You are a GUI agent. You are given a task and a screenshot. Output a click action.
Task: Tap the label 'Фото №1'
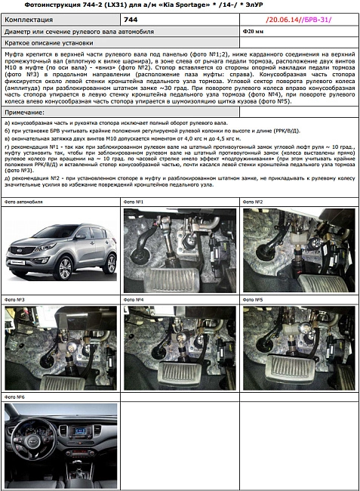coord(133,202)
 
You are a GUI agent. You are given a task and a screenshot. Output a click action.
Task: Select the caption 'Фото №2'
coord(253,202)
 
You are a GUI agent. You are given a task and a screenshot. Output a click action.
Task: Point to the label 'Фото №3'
coord(15,300)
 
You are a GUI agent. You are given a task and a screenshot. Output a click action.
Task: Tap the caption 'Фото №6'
coord(15,397)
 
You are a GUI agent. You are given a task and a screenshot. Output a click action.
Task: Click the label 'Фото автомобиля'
coord(23,202)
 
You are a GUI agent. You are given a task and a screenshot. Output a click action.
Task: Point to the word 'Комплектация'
coord(31,18)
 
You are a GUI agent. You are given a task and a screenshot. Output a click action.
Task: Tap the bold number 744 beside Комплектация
coord(131,18)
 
